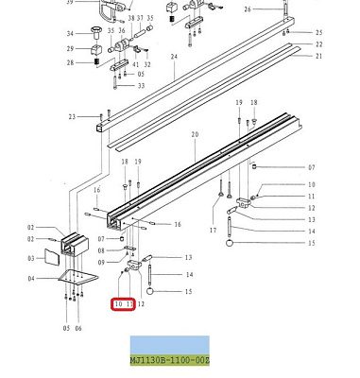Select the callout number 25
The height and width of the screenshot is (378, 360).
pyautogui.click(x=318, y=32)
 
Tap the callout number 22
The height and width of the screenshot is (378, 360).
pyautogui.click(x=318, y=44)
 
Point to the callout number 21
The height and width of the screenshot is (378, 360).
pyautogui.click(x=318, y=57)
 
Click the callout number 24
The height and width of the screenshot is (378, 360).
pyautogui.click(x=174, y=57)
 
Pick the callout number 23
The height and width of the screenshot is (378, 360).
pyautogui.click(x=72, y=117)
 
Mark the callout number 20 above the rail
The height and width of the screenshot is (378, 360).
pyautogui.click(x=195, y=135)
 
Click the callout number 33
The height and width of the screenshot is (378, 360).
pyautogui.click(x=141, y=86)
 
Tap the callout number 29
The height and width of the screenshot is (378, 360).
pyautogui.click(x=70, y=49)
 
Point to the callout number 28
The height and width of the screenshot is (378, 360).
pyautogui.click(x=70, y=63)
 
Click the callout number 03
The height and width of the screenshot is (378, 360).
pyautogui.click(x=31, y=257)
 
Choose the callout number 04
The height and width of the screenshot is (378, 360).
pyautogui.click(x=31, y=279)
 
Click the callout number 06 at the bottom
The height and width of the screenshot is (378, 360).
pyautogui.click(x=78, y=328)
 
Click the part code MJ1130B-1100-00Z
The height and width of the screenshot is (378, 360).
pyautogui.click(x=170, y=360)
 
